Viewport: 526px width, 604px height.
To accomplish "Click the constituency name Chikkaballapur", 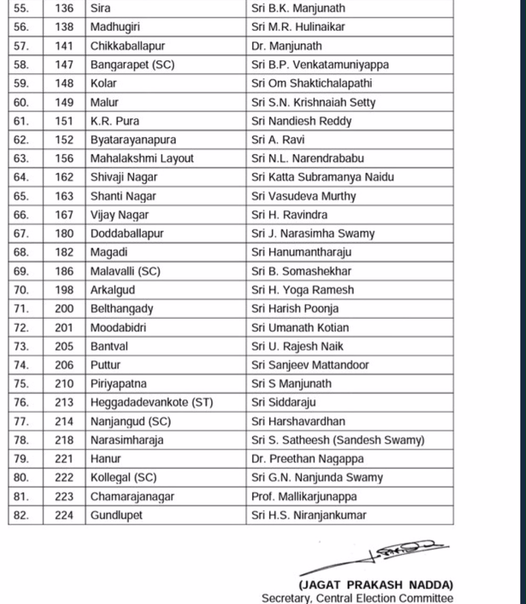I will click(127, 46).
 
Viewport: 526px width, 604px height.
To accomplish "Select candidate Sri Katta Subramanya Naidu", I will click(322, 177).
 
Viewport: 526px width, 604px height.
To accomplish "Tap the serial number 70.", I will click(21, 290).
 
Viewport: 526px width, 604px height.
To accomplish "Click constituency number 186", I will click(64, 271).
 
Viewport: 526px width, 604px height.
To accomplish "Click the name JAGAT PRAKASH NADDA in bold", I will click(376, 585).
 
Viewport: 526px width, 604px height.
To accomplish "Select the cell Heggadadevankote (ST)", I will click(152, 403).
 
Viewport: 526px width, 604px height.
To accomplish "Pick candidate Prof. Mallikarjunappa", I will click(304, 496).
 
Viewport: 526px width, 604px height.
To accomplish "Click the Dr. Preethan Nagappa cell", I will click(307, 459).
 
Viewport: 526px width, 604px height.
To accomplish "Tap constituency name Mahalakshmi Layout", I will click(142, 159).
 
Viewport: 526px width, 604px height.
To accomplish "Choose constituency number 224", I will click(64, 515).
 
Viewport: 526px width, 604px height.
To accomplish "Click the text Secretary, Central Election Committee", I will click(357, 598).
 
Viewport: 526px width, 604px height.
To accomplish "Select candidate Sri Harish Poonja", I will click(295, 309).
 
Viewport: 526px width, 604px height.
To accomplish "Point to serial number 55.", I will click(21, 8).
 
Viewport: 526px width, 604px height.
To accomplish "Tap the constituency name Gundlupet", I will click(116, 515).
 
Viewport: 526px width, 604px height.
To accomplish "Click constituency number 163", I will click(64, 196).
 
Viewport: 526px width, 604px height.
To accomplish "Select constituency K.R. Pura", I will click(115, 121).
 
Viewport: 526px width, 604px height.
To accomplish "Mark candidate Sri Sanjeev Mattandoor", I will click(310, 365).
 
